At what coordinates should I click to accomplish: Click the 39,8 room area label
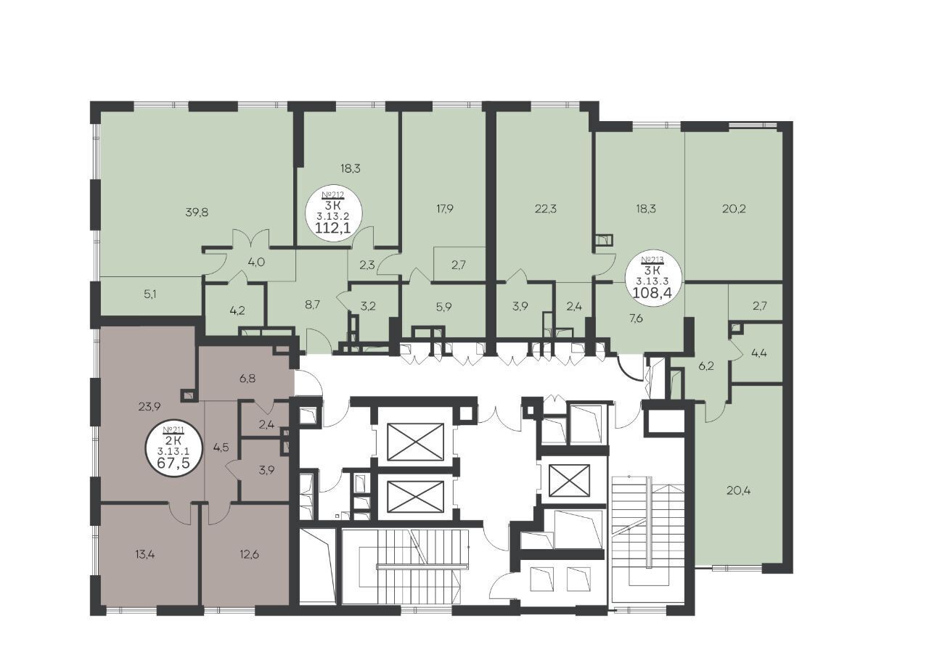[x=197, y=213]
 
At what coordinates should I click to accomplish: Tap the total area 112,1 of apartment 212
[x=333, y=228]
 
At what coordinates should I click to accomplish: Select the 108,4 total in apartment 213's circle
[x=652, y=292]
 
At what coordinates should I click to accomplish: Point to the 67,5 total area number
[x=173, y=463]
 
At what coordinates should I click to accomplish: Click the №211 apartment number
[x=173, y=429]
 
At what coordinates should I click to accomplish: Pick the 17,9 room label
[x=444, y=209]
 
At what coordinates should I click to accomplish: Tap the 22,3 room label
[x=546, y=209]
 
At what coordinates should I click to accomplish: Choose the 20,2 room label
[x=734, y=209]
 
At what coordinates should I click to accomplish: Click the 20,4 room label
[x=739, y=491]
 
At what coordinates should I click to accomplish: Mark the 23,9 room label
[x=150, y=407]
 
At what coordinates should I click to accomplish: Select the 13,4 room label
[x=144, y=554]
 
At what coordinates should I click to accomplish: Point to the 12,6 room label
[x=249, y=554]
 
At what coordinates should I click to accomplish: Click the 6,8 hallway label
[x=247, y=379]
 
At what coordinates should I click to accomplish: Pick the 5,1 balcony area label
[x=150, y=294]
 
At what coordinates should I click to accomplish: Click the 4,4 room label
[x=759, y=353]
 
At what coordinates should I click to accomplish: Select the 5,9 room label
[x=443, y=307]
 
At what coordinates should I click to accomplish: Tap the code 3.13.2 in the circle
[x=333, y=215]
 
